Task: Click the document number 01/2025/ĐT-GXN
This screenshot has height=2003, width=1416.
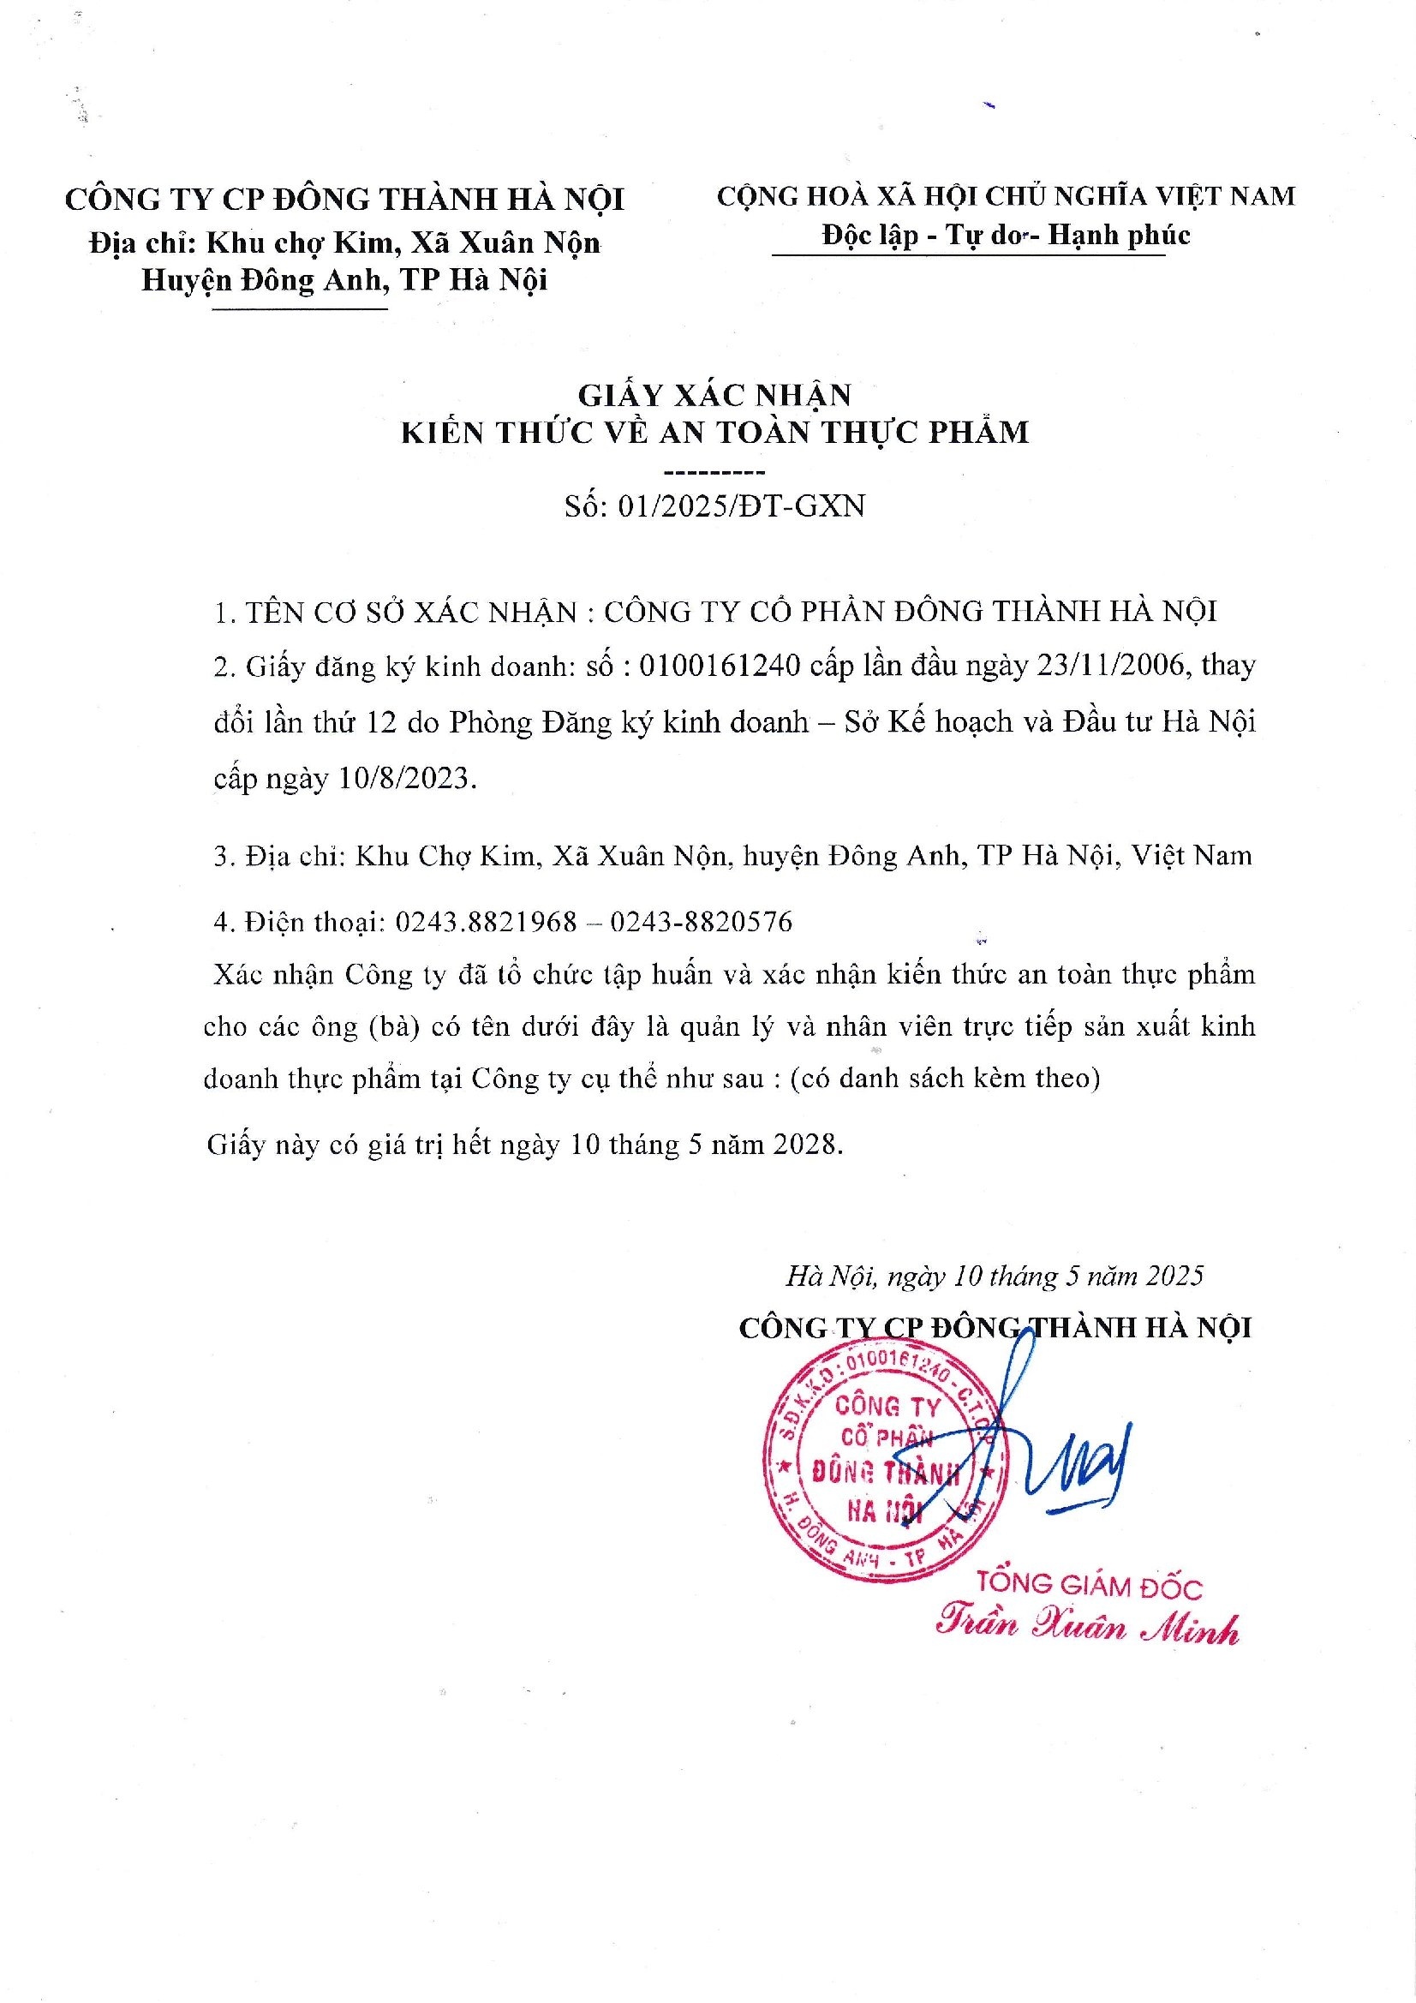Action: coord(741,506)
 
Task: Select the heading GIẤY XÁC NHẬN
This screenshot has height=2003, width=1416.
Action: coord(715,395)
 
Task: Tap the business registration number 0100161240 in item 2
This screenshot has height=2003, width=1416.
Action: coord(720,666)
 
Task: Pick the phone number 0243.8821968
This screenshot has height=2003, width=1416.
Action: coord(486,921)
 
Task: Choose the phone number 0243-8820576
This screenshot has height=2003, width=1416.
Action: coord(701,921)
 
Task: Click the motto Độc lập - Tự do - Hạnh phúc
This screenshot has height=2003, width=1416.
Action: coord(1005,235)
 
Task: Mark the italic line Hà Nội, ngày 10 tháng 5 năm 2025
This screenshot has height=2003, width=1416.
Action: coord(995,1276)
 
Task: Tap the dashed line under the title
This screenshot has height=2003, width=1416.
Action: coord(714,472)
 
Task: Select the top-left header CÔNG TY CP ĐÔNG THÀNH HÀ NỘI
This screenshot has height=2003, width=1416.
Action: coord(345,200)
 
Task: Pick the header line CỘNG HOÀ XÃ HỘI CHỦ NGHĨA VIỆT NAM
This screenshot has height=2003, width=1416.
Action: coord(1006,196)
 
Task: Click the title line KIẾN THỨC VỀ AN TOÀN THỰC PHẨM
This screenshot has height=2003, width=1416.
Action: coord(714,433)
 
